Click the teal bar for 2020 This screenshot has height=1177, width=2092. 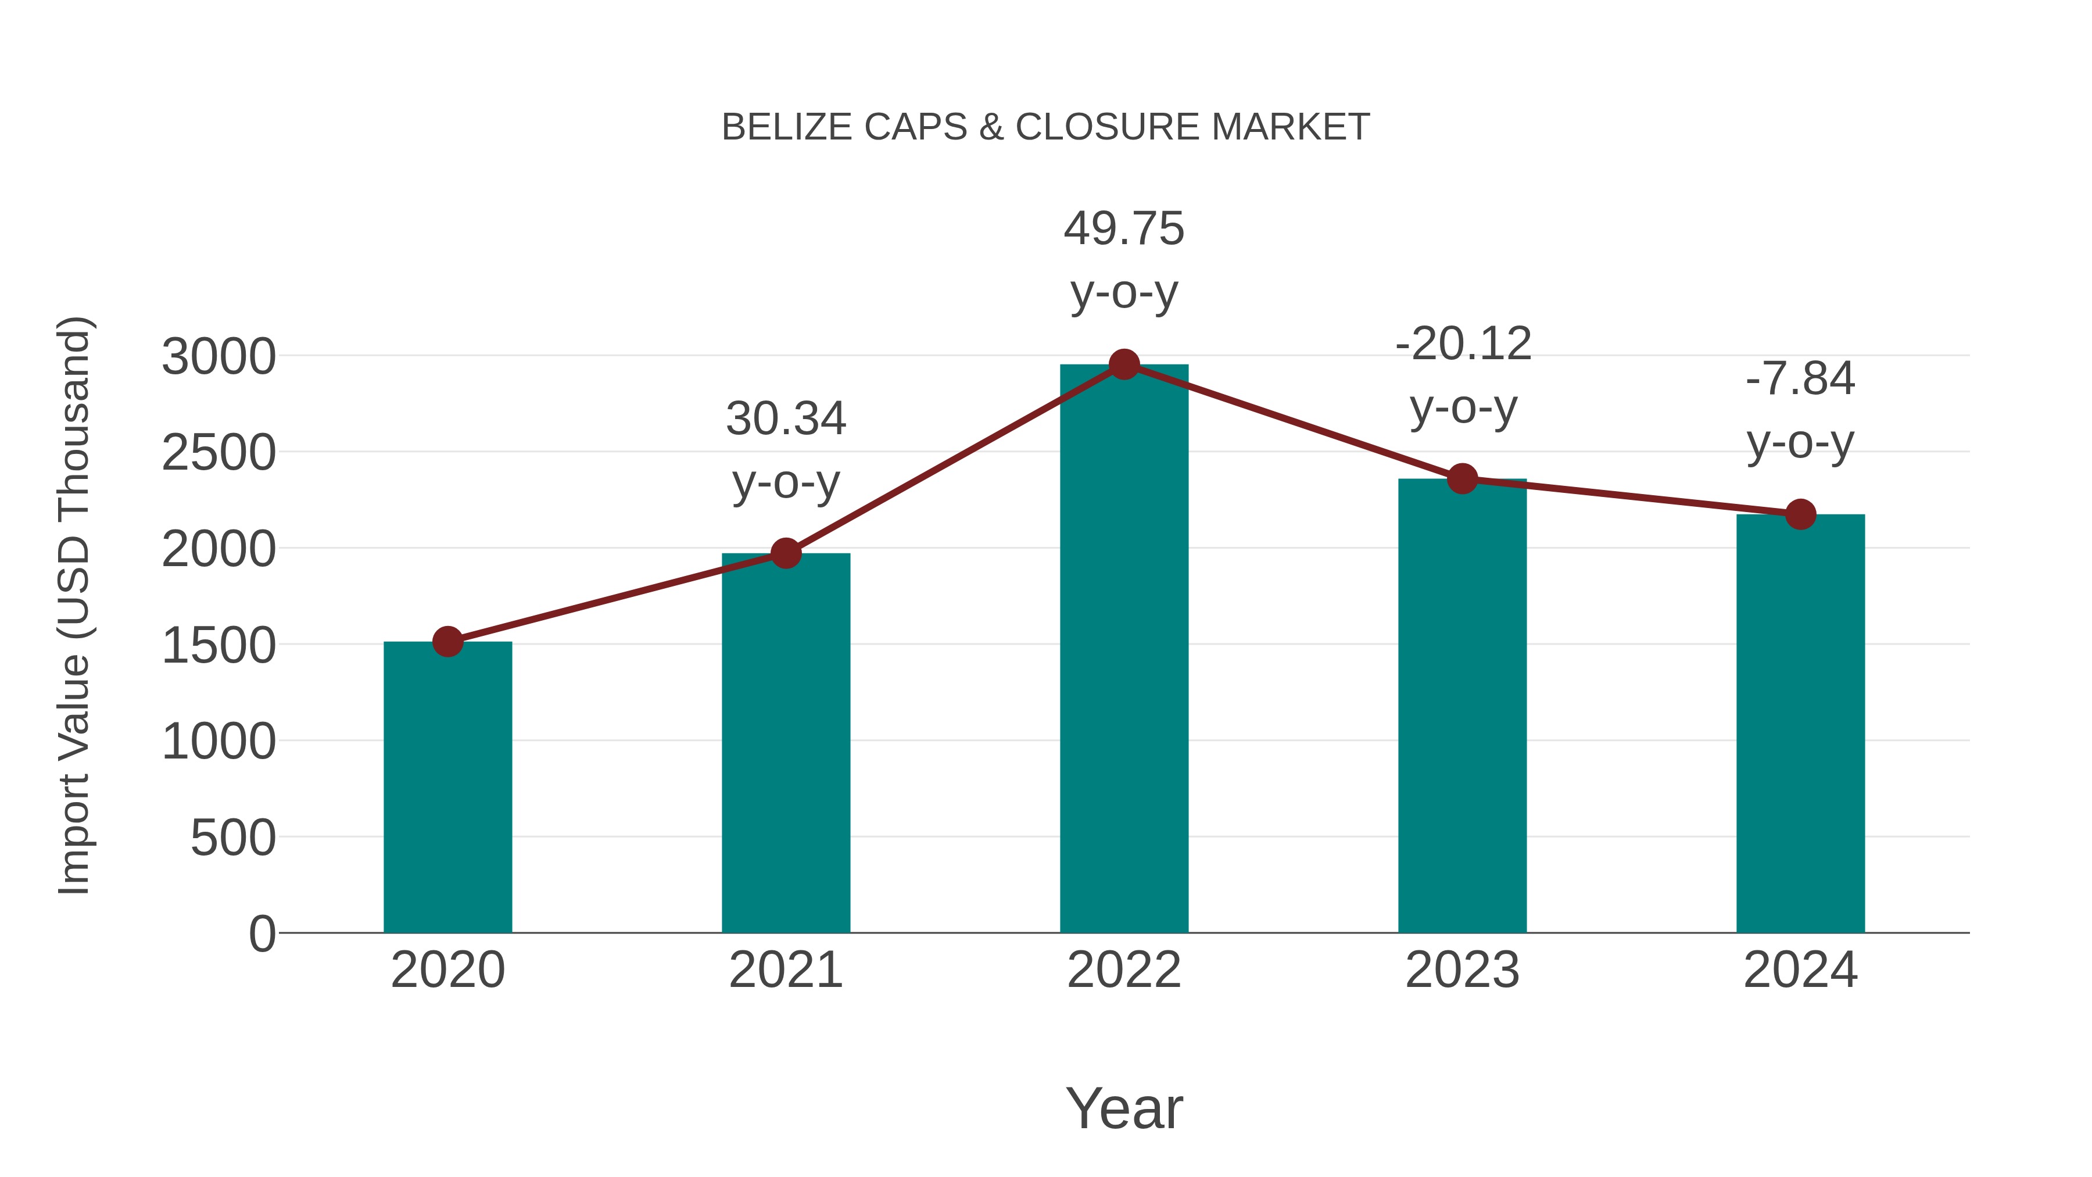tap(447, 788)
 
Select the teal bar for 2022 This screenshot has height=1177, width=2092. tap(1124, 650)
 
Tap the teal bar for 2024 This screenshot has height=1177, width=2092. tap(1800, 723)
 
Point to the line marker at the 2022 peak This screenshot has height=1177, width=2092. tap(1124, 364)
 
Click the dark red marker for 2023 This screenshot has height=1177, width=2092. tap(1463, 480)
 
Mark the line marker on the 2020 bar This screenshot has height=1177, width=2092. tap(447, 642)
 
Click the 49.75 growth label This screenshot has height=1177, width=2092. tap(1124, 229)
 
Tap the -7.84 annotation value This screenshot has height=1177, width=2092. tap(1800, 378)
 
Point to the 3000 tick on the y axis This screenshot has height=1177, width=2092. tap(219, 357)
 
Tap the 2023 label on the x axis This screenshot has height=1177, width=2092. tap(1462, 970)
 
